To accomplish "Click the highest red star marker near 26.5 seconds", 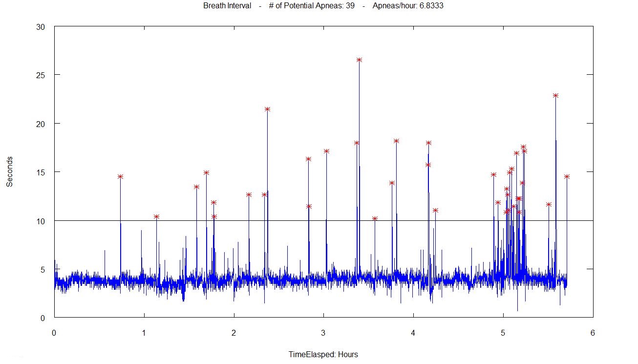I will pos(359,60).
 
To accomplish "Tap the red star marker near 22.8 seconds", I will pos(555,95).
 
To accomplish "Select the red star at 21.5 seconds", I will pos(267,109).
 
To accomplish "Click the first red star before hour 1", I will pos(120,176).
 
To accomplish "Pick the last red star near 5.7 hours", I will pos(567,176).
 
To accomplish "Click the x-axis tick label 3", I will pos(323,333).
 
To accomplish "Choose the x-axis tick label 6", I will pos(593,333).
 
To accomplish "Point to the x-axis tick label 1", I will pos(144,333).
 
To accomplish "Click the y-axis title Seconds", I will pos(9,171).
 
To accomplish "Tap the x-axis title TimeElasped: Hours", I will pos(323,355).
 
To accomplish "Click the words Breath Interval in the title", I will pos(227,6).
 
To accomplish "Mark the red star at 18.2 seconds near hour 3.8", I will pos(396,141).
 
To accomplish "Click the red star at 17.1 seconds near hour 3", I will pos(326,151).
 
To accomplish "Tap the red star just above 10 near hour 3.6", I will pos(375,218).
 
